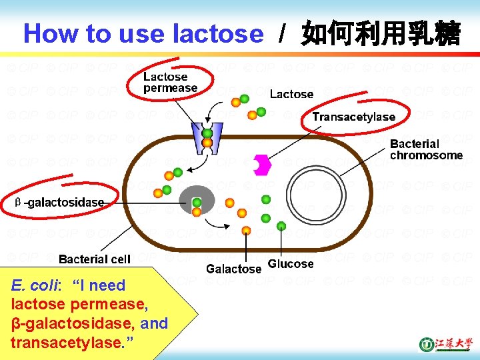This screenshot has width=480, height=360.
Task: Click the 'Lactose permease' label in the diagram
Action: [170, 82]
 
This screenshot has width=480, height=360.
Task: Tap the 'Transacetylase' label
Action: [353, 117]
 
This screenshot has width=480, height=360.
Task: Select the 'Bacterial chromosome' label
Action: [426, 149]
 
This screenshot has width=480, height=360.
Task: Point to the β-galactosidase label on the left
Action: [60, 202]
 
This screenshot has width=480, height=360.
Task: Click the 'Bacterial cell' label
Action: [95, 259]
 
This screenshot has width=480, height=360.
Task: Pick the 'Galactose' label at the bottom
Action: [233, 269]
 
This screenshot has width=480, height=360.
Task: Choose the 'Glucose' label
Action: [291, 264]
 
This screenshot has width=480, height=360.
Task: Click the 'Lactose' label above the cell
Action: [291, 94]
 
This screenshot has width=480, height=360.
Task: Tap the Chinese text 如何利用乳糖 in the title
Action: [380, 33]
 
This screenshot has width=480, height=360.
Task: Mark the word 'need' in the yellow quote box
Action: [107, 285]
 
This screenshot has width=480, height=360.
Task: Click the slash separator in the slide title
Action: [283, 33]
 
